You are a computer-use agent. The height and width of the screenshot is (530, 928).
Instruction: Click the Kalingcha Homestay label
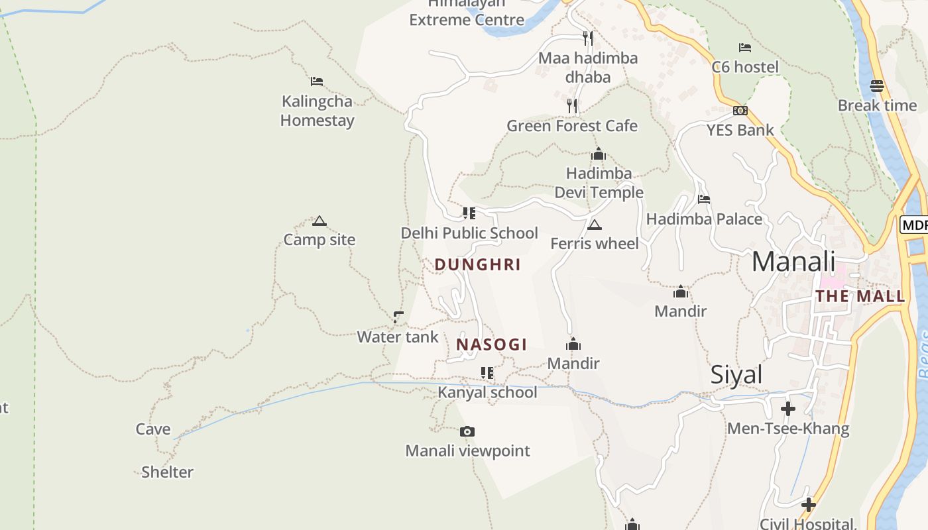pos(317,111)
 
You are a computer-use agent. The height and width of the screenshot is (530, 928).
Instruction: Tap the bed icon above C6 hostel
pos(745,48)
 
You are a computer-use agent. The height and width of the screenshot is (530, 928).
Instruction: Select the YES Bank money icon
pos(740,111)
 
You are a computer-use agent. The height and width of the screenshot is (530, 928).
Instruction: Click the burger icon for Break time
pos(877,86)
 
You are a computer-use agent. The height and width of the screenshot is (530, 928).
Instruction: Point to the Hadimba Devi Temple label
pos(599,183)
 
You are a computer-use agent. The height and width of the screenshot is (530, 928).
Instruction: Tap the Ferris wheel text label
pos(595,244)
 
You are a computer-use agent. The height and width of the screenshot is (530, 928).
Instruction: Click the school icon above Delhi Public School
pos(469,213)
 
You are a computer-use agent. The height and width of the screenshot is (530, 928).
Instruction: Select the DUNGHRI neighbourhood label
pos(477,265)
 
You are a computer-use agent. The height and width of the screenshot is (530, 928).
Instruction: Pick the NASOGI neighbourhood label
pos(492,344)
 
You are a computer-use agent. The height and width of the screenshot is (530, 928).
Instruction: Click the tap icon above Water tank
pos(398,317)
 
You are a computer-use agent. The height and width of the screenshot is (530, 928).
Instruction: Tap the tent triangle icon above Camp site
pos(319,221)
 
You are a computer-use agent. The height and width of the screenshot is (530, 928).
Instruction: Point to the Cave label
pos(153,429)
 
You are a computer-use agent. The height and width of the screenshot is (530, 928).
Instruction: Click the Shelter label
pos(168,472)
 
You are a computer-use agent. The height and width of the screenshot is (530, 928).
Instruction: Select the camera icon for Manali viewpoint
pos(467,432)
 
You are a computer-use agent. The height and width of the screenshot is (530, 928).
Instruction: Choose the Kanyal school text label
pos(487,392)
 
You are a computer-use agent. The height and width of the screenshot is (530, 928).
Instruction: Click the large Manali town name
pos(793,262)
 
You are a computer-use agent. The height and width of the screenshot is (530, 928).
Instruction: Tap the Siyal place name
pos(736,375)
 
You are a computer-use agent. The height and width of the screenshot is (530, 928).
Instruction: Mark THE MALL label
pos(860,296)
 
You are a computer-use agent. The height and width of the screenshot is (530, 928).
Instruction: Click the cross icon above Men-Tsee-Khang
pos(788,409)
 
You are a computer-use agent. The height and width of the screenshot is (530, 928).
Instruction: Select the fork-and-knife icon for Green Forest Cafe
pos(572,106)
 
